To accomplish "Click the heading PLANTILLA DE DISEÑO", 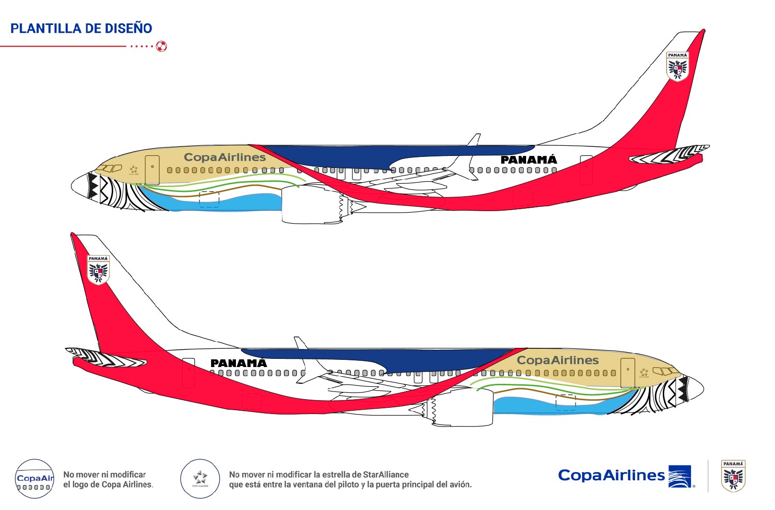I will point(81,28).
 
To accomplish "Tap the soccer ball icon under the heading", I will point(162,47).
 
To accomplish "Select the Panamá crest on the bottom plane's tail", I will point(98,270).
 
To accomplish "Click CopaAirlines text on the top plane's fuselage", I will point(224,157).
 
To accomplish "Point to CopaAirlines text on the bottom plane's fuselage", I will point(557,360).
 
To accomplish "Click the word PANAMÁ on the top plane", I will point(528,160).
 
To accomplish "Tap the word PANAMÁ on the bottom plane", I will point(238,363).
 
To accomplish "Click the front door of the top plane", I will point(152,170).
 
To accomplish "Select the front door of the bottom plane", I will point(627,372).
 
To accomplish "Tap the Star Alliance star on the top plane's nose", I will point(133,169).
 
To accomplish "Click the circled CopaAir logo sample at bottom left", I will point(34,478).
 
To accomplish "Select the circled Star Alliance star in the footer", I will point(200,478).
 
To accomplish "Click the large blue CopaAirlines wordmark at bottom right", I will point(611,475).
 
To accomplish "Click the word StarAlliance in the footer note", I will point(386,474).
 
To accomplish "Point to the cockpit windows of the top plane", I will point(110,168).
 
